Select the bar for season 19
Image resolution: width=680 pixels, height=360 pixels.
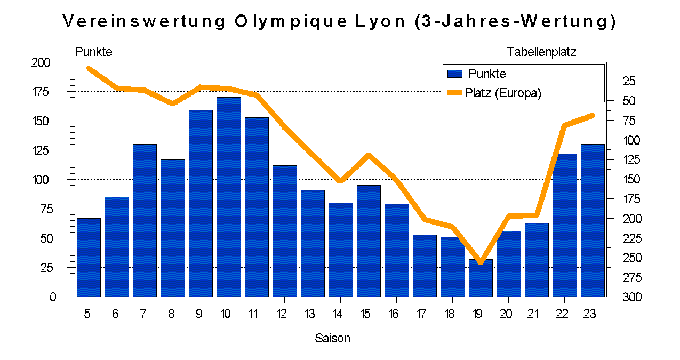[x=481, y=278]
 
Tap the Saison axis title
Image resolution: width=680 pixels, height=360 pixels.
[x=332, y=338]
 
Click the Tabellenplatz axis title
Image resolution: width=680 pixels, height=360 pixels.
[x=541, y=52]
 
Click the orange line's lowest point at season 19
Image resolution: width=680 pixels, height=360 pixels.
[x=481, y=261]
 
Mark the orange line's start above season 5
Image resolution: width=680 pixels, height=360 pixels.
[x=89, y=68]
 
